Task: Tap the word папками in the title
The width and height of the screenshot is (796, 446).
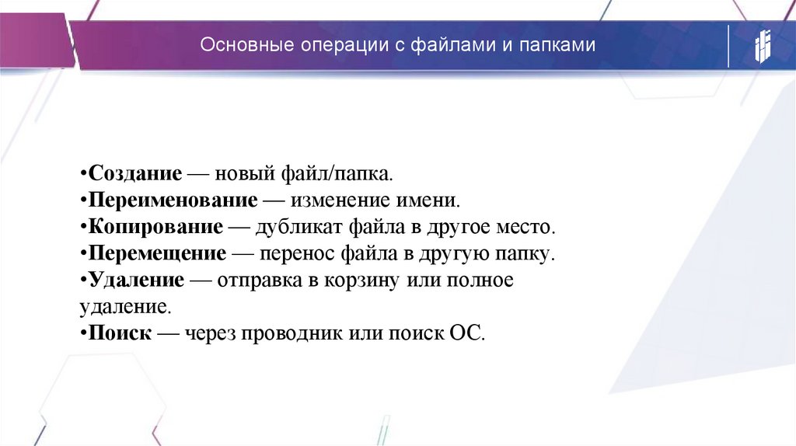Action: [x=561, y=46]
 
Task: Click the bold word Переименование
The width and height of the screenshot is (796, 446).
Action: [x=173, y=200]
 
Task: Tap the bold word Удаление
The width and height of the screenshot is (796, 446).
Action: [x=136, y=280]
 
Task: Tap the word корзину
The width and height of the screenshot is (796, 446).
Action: [x=365, y=280]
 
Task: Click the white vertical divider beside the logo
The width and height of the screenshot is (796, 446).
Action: [x=728, y=46]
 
